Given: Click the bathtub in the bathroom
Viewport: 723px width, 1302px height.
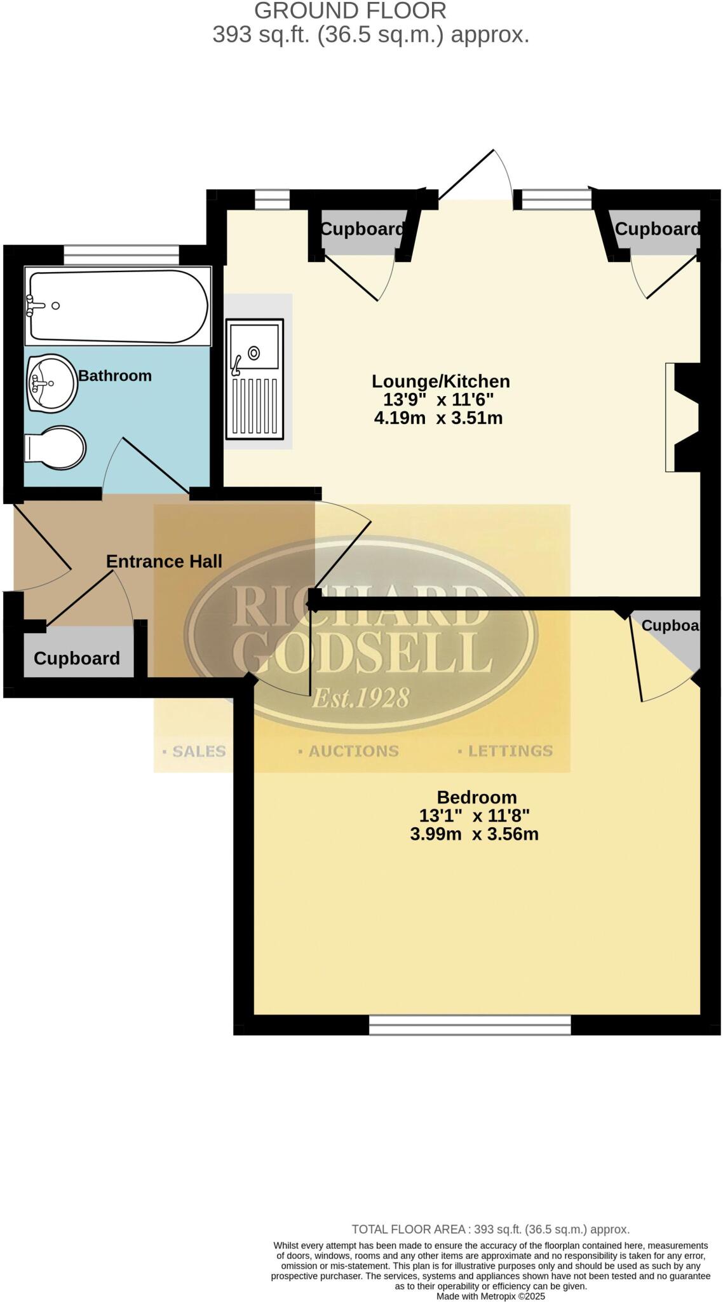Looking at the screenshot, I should click(x=118, y=306).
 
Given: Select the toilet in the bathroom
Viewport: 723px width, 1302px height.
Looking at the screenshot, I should click(x=56, y=448).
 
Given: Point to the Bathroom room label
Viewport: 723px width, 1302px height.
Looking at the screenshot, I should click(x=115, y=376).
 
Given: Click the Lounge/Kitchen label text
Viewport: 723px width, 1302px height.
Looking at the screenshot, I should click(x=440, y=381).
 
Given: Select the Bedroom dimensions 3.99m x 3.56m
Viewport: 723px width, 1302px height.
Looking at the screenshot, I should click(x=474, y=834).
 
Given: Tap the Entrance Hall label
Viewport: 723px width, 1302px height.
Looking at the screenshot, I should click(x=164, y=561).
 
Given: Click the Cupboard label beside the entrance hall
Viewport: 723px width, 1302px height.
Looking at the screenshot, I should click(x=76, y=658).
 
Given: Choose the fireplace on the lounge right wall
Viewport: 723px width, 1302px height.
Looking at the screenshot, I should click(x=684, y=417).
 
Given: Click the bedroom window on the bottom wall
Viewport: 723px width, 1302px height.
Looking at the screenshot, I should click(x=470, y=1024).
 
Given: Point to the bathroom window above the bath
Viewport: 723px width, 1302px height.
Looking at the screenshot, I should click(x=121, y=255).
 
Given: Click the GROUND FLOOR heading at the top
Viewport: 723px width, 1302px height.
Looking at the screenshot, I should click(x=350, y=11).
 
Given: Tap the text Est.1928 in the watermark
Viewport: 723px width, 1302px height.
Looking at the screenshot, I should click(x=360, y=698).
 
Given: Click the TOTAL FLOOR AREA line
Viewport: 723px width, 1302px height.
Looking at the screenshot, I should click(x=490, y=1230).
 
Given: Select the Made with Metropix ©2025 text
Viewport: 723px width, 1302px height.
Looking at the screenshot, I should click(x=490, y=1296).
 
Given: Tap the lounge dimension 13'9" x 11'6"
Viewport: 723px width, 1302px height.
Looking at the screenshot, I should click(x=438, y=400).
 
